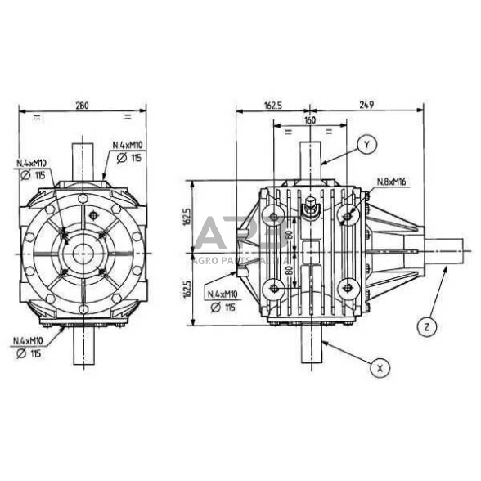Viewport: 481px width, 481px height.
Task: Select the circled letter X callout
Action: [379, 367]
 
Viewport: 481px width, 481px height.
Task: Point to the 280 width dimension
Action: [83, 106]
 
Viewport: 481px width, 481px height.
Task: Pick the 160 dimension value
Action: [309, 120]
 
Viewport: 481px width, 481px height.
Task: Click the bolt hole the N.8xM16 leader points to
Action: [350, 215]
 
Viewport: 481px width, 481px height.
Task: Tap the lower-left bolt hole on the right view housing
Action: [272, 286]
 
